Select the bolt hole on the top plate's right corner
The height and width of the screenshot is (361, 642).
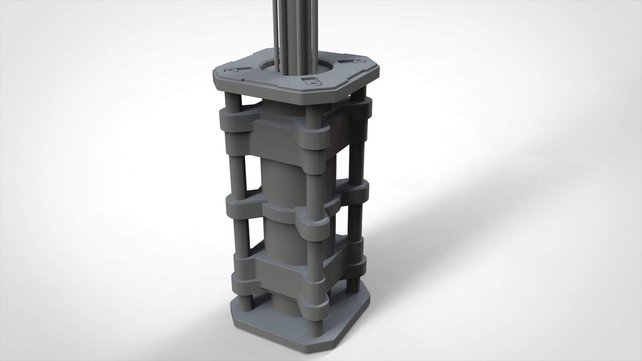358,61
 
